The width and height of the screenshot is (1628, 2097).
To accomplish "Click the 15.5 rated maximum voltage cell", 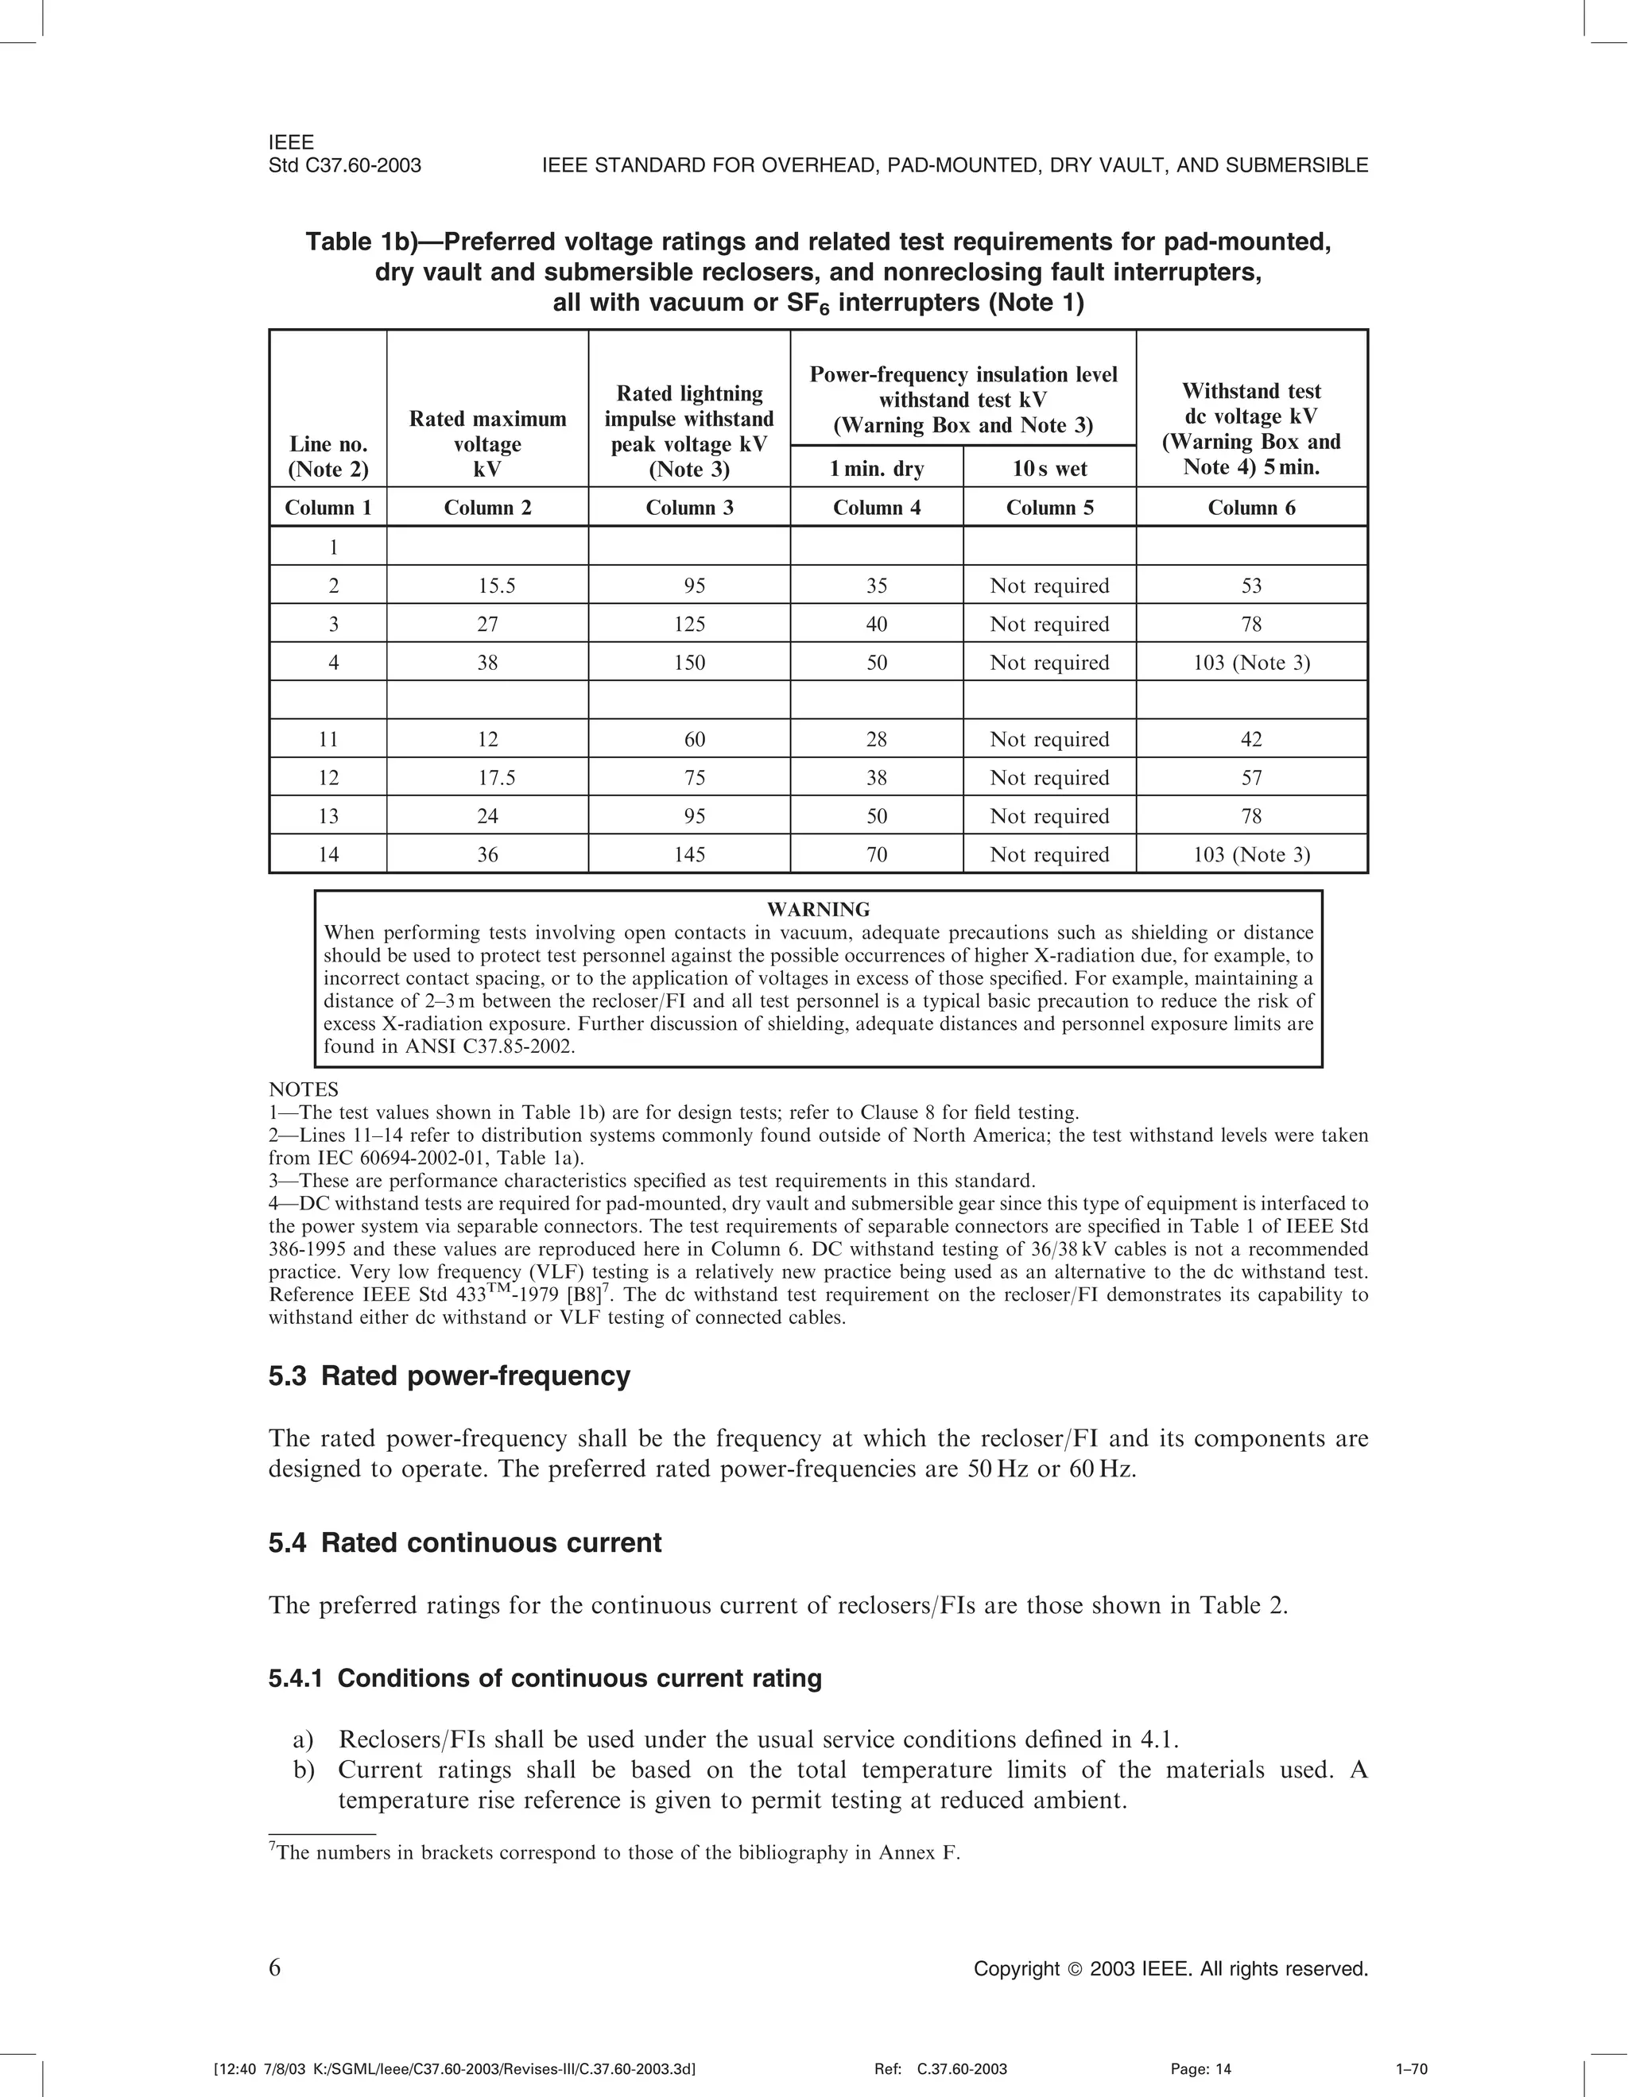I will [487, 586].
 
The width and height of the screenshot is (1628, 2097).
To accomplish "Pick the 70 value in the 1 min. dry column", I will [876, 854].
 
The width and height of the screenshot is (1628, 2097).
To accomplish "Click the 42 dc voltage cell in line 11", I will [1250, 739].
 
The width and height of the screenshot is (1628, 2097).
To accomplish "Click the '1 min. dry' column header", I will [876, 469].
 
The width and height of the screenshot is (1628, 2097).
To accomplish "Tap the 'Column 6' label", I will [1250, 508].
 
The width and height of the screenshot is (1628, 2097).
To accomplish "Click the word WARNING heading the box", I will [818, 909].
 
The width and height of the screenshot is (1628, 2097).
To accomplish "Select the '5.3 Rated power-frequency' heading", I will [448, 1376].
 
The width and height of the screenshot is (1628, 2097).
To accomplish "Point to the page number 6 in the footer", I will [275, 1968].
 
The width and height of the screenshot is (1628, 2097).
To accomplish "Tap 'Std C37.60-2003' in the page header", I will [345, 165].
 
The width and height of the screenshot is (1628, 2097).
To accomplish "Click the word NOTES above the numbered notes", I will [304, 1089].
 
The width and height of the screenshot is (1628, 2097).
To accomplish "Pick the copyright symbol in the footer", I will [1075, 1969].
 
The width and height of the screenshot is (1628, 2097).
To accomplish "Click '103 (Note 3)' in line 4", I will [1250, 663].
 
